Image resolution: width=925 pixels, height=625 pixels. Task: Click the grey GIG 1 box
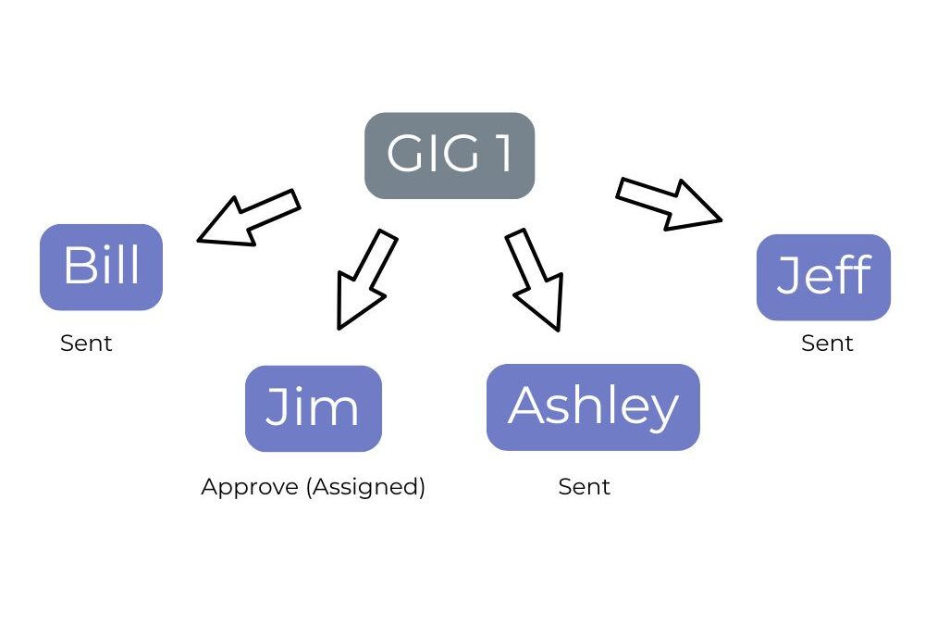[x=450, y=156]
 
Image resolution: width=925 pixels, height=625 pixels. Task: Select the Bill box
[x=101, y=267]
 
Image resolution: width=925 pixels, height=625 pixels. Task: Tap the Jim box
[x=314, y=408]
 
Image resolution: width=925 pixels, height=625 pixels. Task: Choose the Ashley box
[x=593, y=407]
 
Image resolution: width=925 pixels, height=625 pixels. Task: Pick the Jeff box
[x=823, y=277]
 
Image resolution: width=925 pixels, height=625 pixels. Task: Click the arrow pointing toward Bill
[x=248, y=218]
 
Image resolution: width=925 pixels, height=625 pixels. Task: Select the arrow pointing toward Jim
[x=365, y=280]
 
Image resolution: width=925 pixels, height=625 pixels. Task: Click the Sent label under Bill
[x=86, y=344]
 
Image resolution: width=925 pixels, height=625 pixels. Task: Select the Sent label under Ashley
[x=584, y=487]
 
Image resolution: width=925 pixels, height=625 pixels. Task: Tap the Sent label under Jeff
[x=827, y=344]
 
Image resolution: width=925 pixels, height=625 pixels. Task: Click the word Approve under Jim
[x=250, y=488]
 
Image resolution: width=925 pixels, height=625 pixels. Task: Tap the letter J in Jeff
[x=787, y=275]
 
